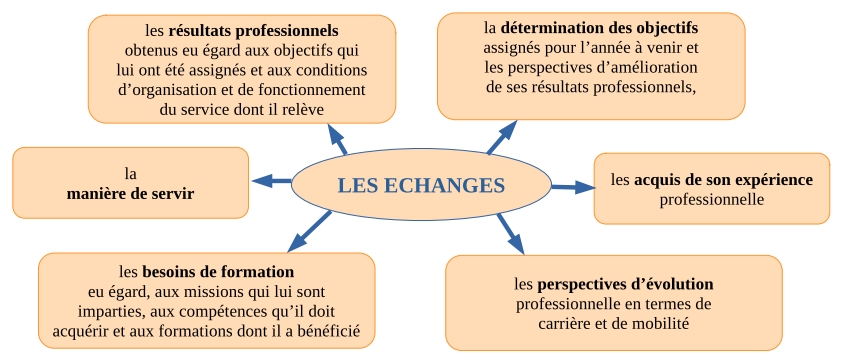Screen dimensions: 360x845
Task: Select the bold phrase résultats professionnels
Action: click(x=253, y=30)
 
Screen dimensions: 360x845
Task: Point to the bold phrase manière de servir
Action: click(x=131, y=192)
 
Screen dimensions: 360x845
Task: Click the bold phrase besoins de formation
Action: click(x=217, y=271)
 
